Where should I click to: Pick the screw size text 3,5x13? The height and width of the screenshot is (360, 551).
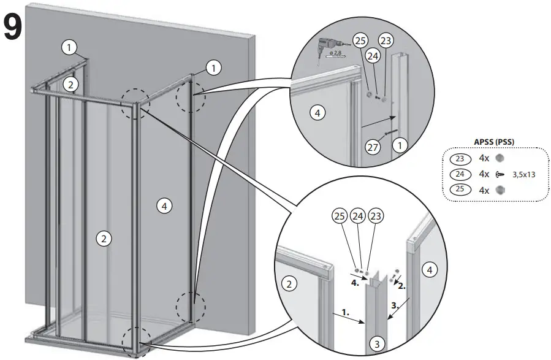pyautogui.click(x=523, y=174)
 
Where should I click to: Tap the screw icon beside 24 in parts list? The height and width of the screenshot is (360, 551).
pyautogui.click(x=501, y=174)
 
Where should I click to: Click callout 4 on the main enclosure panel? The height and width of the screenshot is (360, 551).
pyautogui.click(x=162, y=205)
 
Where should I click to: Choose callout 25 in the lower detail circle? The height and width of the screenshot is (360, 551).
pyautogui.click(x=340, y=216)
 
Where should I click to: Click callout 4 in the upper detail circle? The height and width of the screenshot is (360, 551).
pyautogui.click(x=316, y=113)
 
